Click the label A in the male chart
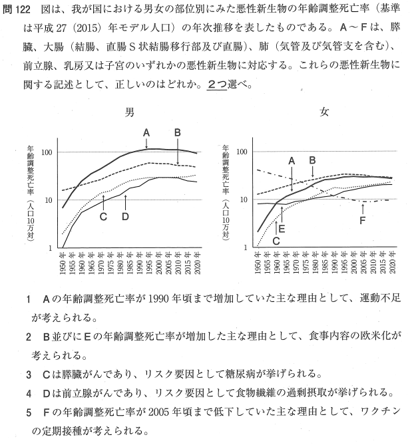(x=146, y=132)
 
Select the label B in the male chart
(x=178, y=132)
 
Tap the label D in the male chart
(x=125, y=216)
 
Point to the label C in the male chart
(x=103, y=216)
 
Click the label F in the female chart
(x=362, y=220)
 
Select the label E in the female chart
(x=282, y=228)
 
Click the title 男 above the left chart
(x=130, y=112)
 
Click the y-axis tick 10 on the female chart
(x=243, y=200)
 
